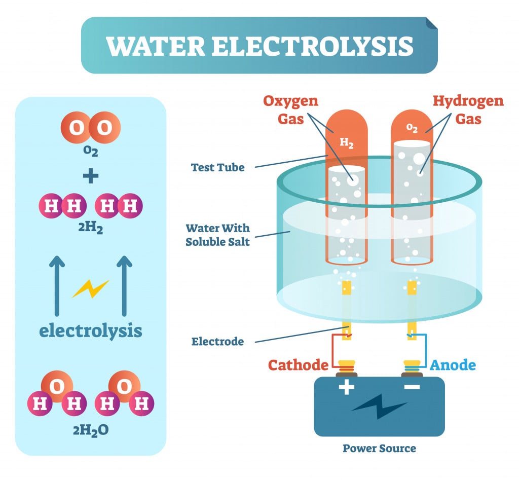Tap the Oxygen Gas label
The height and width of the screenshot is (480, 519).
290,109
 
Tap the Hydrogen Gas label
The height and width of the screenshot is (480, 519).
468,109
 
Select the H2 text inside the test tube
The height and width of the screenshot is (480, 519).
347,143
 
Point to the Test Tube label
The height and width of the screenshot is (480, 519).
217,167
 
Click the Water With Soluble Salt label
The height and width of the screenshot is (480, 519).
217,235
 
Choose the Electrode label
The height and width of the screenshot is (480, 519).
217,342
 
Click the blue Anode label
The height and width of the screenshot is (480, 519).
453,365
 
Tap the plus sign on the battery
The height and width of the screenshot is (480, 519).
347,388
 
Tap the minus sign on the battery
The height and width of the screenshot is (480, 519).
412,388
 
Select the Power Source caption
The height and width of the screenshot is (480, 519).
379,449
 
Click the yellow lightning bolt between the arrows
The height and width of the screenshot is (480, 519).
90,289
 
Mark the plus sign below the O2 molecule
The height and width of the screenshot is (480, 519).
91,176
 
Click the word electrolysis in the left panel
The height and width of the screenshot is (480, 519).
91,331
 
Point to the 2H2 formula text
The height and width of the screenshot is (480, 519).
91,229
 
